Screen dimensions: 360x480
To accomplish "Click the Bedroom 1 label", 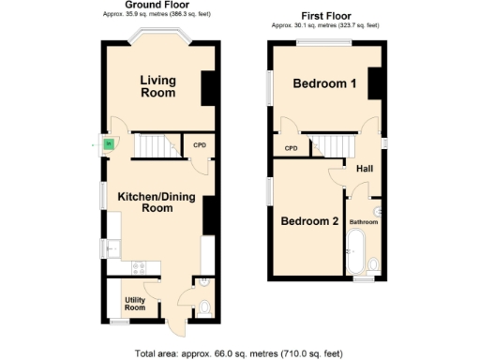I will pyautogui.click(x=324, y=84).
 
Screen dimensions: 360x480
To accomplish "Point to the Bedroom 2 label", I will pyautogui.click(x=309, y=222).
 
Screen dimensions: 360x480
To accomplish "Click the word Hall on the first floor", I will pyautogui.click(x=364, y=170).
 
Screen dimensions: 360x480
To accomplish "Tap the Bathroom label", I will pyautogui.click(x=364, y=222).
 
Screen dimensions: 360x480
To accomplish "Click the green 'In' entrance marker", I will pyautogui.click(x=108, y=143).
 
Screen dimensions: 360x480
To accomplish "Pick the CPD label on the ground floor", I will pyautogui.click(x=199, y=145).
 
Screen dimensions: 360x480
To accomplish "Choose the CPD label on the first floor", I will pyautogui.click(x=291, y=148).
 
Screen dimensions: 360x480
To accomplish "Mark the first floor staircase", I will pyautogui.click(x=334, y=145).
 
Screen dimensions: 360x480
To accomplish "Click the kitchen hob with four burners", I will pyautogui.click(x=139, y=267).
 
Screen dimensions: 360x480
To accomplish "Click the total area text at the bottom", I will pyautogui.click(x=239, y=353).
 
